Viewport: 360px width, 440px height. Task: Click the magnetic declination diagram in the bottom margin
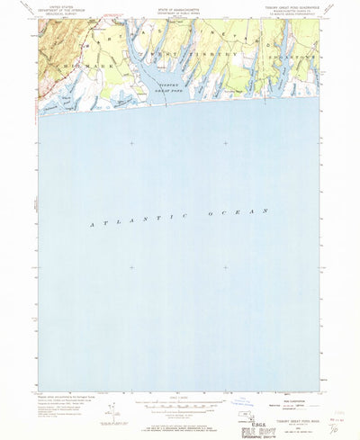click(x=107, y=382)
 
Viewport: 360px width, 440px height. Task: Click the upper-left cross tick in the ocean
click(x=131, y=143)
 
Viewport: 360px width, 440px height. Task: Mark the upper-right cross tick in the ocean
click(x=225, y=143)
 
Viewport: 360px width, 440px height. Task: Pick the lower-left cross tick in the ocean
click(x=131, y=266)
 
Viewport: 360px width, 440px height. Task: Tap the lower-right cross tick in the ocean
click(x=225, y=266)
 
